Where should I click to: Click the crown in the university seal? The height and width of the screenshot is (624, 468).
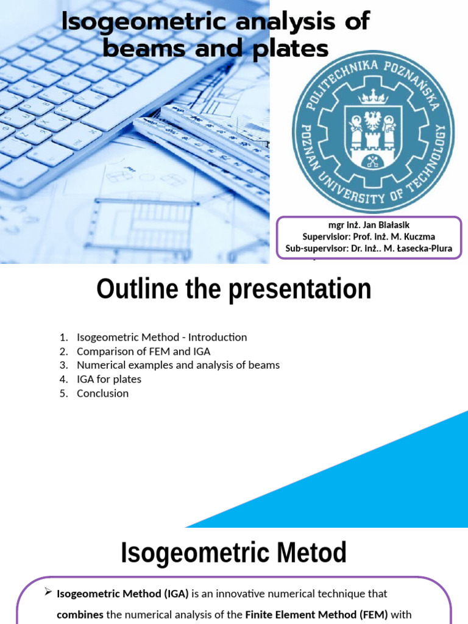coord(372,96)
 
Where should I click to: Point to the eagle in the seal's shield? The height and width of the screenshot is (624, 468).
coord(372,120)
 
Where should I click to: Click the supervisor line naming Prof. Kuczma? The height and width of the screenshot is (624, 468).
coord(369,236)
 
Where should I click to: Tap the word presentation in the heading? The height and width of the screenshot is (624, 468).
coord(300,289)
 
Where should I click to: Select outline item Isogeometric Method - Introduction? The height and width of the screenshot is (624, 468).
coord(161,337)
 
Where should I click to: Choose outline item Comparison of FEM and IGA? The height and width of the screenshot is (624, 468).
coord(143,351)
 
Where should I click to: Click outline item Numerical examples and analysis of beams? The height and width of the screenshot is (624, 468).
coord(178,365)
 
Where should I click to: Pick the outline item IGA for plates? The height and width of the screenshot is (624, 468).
coord(108,379)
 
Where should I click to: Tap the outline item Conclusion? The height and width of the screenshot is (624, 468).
coord(102,393)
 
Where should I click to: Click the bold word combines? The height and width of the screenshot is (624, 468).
coord(80,615)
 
